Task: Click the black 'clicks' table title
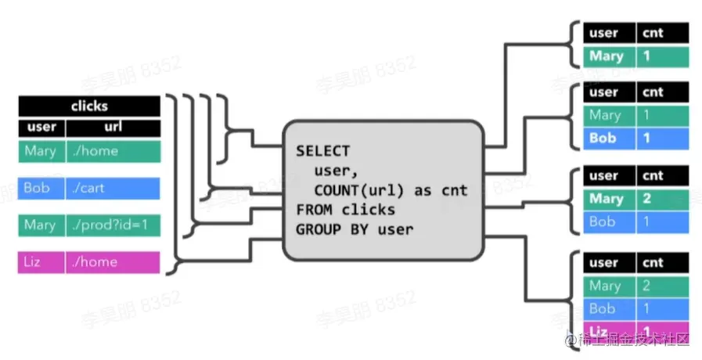[x=89, y=106]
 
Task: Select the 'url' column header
[x=112, y=127]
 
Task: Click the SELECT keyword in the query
[x=322, y=151]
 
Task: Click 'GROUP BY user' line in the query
[x=354, y=229]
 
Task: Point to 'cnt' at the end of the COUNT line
[x=454, y=190]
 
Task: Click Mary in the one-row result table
[x=607, y=56]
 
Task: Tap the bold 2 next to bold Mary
[x=647, y=199]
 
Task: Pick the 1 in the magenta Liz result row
[x=647, y=330]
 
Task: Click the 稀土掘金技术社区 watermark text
[x=634, y=339]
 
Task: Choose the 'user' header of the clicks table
[x=41, y=127]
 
